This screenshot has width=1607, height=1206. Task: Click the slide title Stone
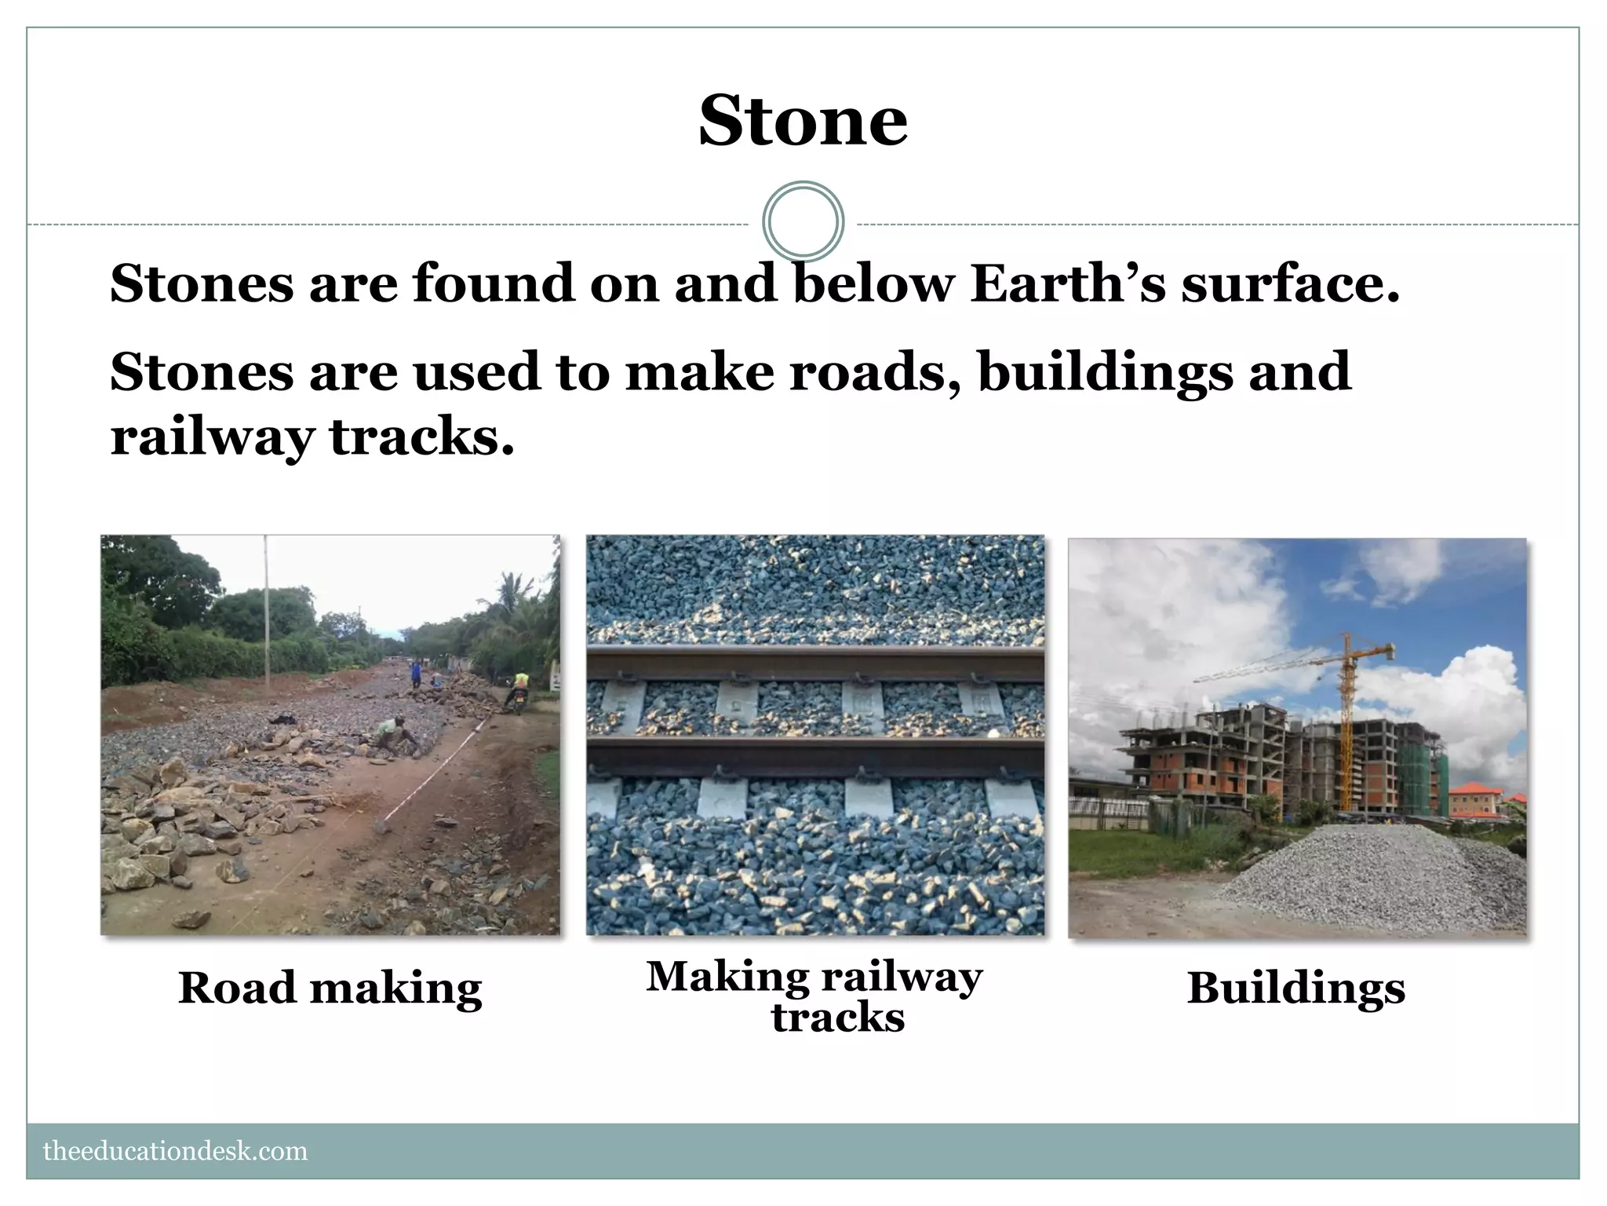click(803, 121)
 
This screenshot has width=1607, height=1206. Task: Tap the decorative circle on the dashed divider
click(803, 221)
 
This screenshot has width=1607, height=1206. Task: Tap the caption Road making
click(330, 988)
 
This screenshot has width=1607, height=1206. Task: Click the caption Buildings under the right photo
click(1295, 988)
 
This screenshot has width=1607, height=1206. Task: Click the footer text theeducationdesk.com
click(176, 1152)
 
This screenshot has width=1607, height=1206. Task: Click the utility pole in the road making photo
click(266, 612)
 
